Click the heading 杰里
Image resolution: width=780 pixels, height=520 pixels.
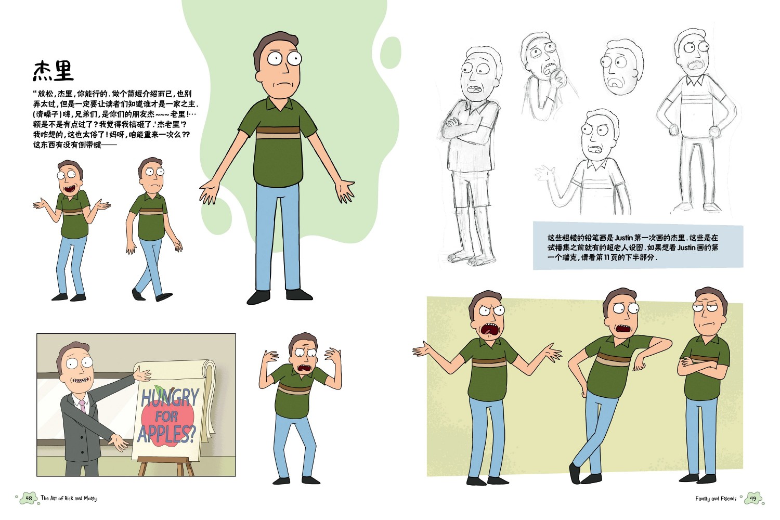point(53,71)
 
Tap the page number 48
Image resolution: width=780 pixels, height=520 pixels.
point(29,498)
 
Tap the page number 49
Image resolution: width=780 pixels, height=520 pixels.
point(753,498)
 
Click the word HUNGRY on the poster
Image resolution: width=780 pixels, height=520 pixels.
point(170,398)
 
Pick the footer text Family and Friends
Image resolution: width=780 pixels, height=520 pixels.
point(716,499)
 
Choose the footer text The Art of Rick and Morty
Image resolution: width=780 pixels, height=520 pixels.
point(69,498)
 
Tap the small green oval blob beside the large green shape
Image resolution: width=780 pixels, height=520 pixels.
point(391,53)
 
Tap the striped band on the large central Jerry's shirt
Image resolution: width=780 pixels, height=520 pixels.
point(278,133)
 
